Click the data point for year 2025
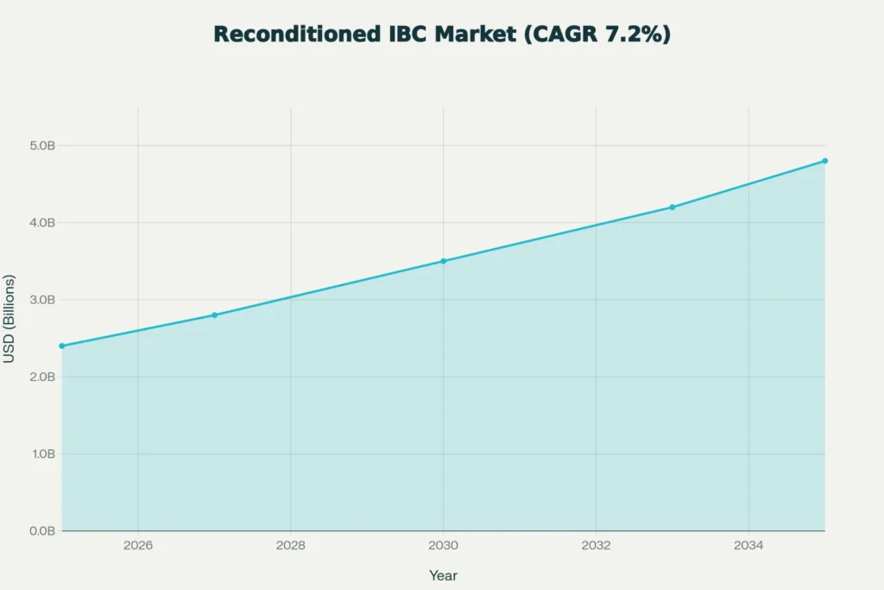click(61, 346)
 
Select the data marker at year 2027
click(214, 315)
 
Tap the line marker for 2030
click(443, 261)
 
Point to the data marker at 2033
click(672, 207)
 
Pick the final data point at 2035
click(824, 161)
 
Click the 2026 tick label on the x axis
click(138, 546)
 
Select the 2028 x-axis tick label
click(291, 546)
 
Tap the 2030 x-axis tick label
click(443, 546)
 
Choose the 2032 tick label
click(596, 546)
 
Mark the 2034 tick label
click(748, 546)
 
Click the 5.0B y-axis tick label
click(41, 145)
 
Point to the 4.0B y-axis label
click(41, 223)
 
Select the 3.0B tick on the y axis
click(41, 300)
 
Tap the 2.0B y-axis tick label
click(41, 377)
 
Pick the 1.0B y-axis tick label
click(41, 454)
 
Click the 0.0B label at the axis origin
click(41, 530)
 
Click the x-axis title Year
click(443, 575)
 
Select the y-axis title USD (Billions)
click(10, 319)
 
